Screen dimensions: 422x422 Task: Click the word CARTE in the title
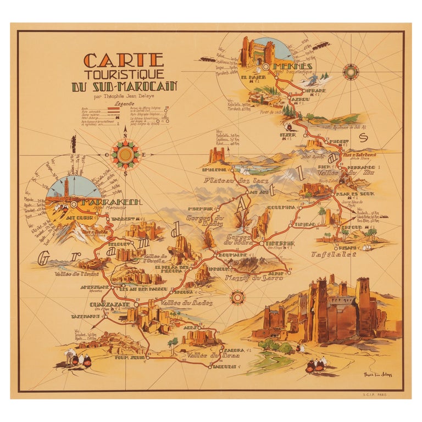click(123, 60)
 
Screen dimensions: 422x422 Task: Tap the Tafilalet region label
click(334, 254)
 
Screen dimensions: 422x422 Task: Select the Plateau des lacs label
click(229, 180)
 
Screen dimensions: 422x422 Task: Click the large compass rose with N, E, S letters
click(126, 154)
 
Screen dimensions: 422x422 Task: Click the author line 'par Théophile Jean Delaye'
click(128, 96)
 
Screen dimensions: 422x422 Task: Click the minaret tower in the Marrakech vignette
click(66, 185)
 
